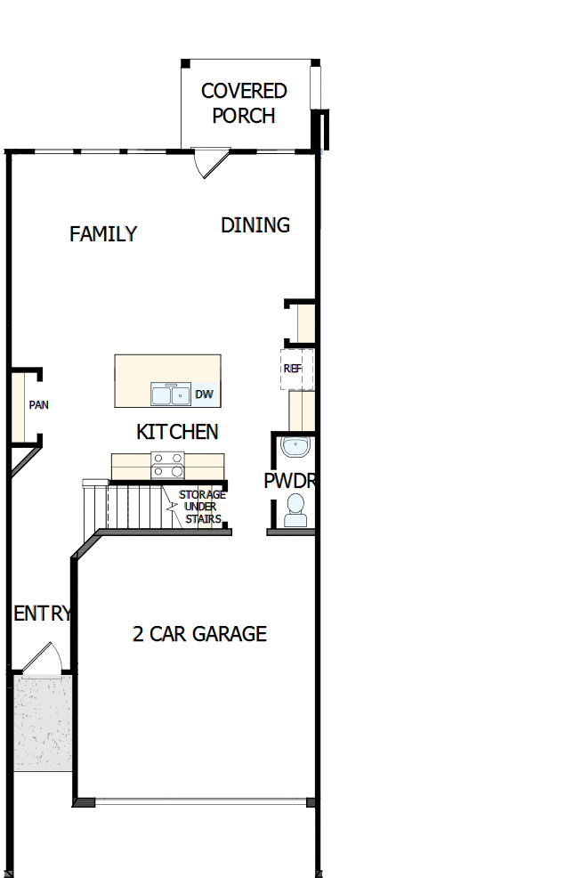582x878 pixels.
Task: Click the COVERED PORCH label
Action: tap(244, 103)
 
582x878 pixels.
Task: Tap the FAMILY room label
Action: tap(103, 234)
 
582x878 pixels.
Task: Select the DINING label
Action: tap(255, 225)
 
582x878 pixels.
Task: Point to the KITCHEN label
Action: tap(177, 432)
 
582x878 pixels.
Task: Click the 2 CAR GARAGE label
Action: tap(199, 634)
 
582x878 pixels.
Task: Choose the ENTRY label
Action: tap(42, 614)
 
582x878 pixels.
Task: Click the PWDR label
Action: tap(289, 481)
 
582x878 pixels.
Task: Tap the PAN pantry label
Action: tap(38, 405)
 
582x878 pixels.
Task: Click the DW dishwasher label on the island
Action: tap(204, 394)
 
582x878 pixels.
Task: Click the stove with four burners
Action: tap(167, 466)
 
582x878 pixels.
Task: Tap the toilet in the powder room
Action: tap(295, 510)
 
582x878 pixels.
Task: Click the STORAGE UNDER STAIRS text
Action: tap(202, 507)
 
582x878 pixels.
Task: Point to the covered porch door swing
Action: tap(210, 163)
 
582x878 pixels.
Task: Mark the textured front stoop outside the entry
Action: tap(42, 721)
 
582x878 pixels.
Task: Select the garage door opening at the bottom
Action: tap(199, 802)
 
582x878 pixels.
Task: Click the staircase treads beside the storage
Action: tap(133, 506)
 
